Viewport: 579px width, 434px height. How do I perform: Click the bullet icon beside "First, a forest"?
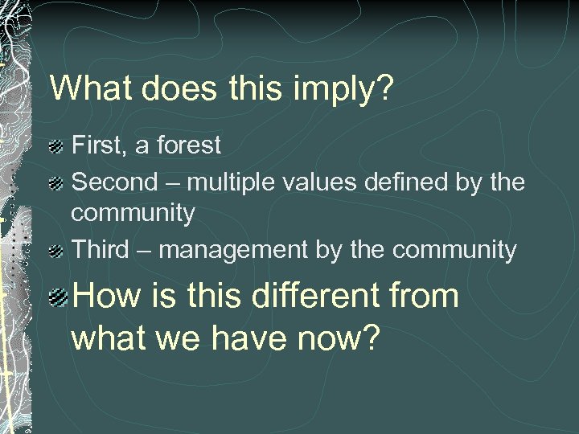(55, 147)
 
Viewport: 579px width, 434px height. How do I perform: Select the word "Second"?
(115, 182)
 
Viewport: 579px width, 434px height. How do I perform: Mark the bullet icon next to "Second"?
(55, 183)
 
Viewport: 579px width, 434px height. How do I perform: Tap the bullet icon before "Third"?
(55, 252)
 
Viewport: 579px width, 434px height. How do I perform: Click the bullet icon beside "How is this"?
(56, 298)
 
